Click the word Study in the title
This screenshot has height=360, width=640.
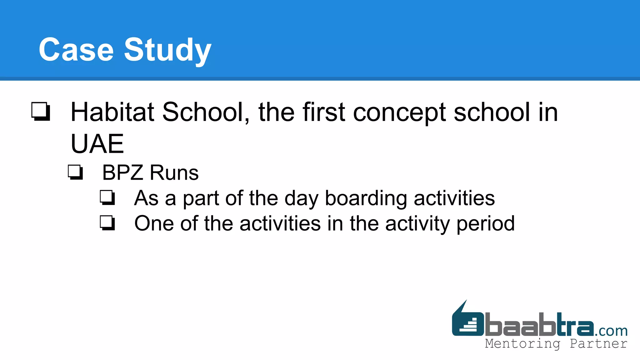(x=168, y=50)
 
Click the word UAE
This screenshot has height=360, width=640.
(x=97, y=144)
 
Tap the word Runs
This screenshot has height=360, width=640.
(x=174, y=172)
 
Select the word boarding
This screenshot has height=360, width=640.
(x=366, y=198)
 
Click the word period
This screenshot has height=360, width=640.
(x=486, y=224)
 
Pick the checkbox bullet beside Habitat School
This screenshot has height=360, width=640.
(x=41, y=111)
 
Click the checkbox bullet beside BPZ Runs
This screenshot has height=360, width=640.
(x=75, y=172)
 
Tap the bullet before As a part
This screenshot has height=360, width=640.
(x=107, y=197)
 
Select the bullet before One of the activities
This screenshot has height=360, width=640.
(x=107, y=223)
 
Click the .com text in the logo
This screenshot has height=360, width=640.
(x=611, y=331)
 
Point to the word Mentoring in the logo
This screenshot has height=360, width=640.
(x=522, y=344)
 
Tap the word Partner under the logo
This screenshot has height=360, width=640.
(x=598, y=344)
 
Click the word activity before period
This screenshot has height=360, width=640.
(x=417, y=224)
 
